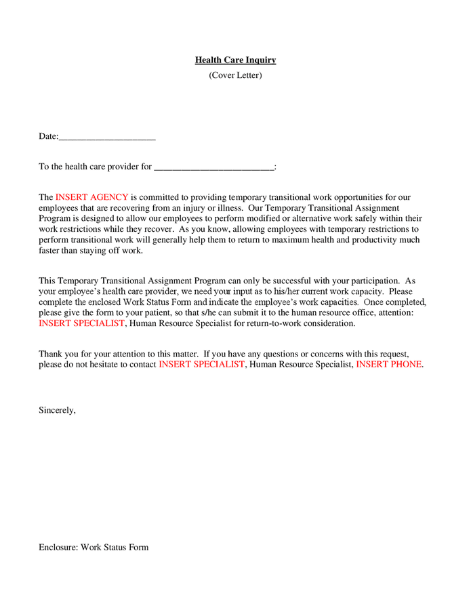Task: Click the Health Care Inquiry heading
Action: pos(235,60)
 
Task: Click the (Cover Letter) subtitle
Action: pos(235,75)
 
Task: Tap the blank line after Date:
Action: pos(107,137)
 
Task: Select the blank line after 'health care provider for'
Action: pos(213,167)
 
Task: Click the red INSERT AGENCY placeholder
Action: pos(91,197)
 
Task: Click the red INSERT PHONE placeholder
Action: pos(389,365)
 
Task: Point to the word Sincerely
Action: pos(57,411)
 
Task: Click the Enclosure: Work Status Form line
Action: pos(94,547)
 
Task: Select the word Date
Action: pos(48,137)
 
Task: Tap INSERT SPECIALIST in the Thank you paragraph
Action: pos(201,365)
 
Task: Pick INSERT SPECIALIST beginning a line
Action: pos(82,324)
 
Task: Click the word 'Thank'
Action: pos(51,354)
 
